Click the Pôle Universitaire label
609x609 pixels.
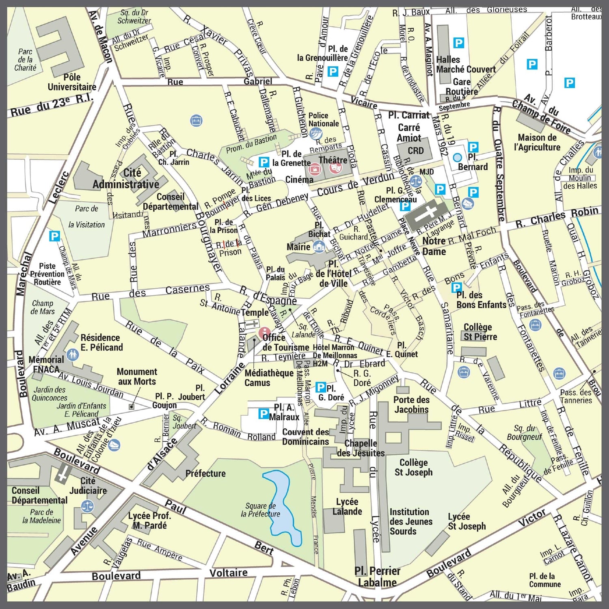[x=72, y=82]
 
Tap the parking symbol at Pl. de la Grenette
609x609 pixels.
[x=264, y=162]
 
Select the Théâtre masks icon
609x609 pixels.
[x=335, y=167]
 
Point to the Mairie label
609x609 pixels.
[x=298, y=247]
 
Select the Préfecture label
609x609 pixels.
[x=205, y=473]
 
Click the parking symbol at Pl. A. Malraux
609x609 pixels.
[x=263, y=414]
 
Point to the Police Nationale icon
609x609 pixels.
[x=315, y=132]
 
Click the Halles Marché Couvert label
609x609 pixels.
[x=465, y=65]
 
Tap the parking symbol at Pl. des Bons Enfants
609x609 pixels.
[x=457, y=287]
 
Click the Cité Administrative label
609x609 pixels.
[x=126, y=179]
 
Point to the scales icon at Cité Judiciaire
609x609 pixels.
[x=88, y=506]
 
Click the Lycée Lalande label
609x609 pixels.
[x=347, y=507]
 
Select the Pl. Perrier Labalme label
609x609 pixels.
[x=377, y=577]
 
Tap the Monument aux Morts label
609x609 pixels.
[x=136, y=376]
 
